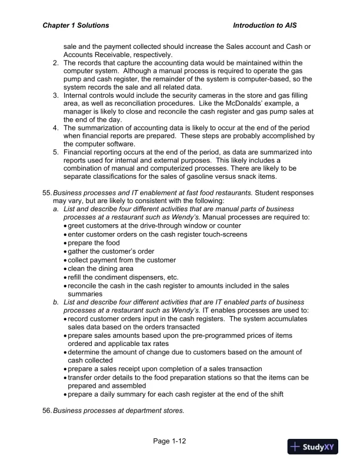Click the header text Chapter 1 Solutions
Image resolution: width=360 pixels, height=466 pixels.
[76, 26]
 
